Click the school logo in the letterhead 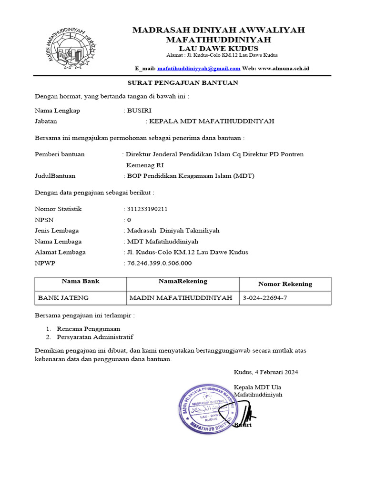coord(72,47)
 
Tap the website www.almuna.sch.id coord(284,69)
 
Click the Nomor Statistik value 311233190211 coord(147,209)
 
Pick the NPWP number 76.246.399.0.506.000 coord(159,263)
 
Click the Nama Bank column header coord(81,281)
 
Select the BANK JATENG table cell coord(63,298)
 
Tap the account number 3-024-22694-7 coord(265,298)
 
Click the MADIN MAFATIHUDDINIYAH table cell coord(181,298)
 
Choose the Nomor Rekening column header coord(285,284)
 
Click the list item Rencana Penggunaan coord(88,329)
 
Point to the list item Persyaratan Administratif coord(95,337)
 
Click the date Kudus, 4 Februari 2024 coord(266,372)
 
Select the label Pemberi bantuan coord(60,154)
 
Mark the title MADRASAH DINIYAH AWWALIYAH coord(219,30)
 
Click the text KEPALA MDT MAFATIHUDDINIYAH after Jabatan coord(212,122)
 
